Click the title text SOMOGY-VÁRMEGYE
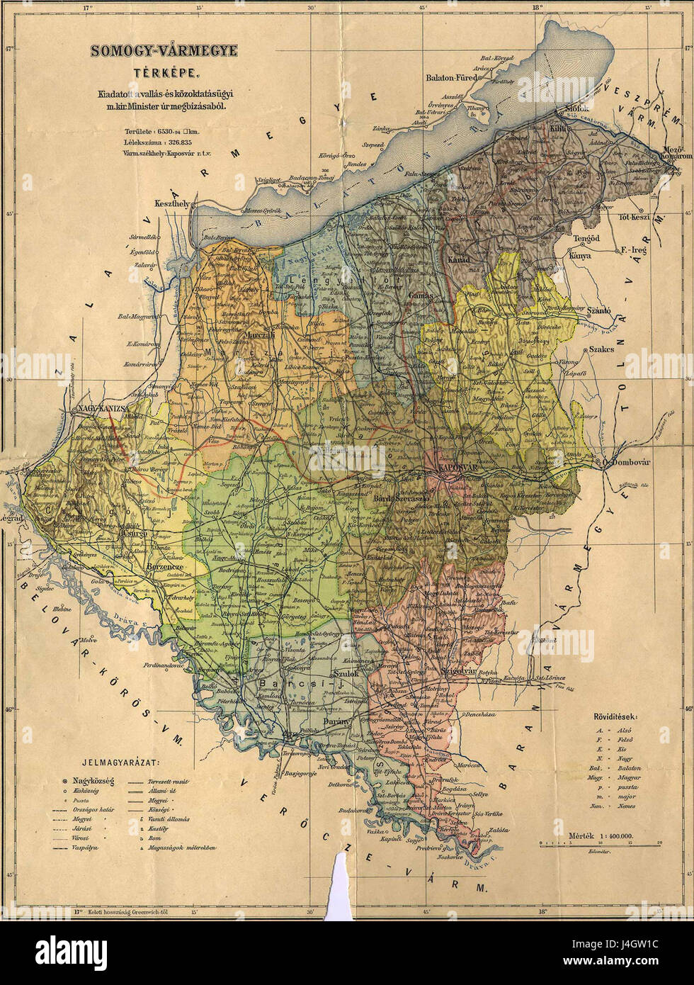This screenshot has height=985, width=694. (x=164, y=51)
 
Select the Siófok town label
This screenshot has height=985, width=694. (x=576, y=109)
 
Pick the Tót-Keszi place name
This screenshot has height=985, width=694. (x=634, y=217)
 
